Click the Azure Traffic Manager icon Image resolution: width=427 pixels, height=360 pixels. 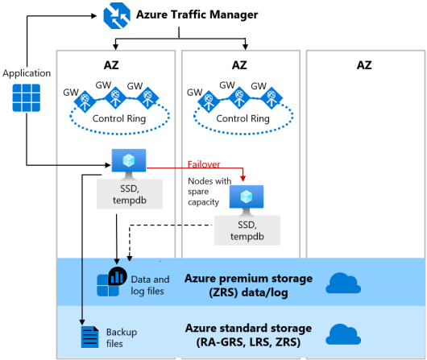[117, 15]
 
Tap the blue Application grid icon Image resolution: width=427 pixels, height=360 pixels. [27, 97]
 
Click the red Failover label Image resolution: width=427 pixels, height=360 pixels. [204, 164]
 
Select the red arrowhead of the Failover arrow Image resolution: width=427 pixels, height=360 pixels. [243, 178]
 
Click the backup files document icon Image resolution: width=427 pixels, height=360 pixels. [90, 337]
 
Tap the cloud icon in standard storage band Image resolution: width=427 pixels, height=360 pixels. [343, 334]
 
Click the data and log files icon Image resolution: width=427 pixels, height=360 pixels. [112, 282]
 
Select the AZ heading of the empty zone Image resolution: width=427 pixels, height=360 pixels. [364, 65]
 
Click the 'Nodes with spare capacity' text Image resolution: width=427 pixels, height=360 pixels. [209, 192]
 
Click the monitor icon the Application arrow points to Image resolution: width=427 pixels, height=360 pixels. [129, 164]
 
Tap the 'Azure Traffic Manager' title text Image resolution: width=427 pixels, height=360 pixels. [197, 14]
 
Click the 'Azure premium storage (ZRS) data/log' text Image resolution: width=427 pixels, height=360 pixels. [248, 285]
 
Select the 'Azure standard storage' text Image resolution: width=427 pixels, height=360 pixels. [248, 328]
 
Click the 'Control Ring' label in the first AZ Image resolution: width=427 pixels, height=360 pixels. [119, 118]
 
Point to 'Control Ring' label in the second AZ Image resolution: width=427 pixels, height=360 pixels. [243, 118]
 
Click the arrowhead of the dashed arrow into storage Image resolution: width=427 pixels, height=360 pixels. [130, 259]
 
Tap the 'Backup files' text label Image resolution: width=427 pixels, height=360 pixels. [122, 337]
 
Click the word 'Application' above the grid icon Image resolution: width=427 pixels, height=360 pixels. [27, 73]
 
